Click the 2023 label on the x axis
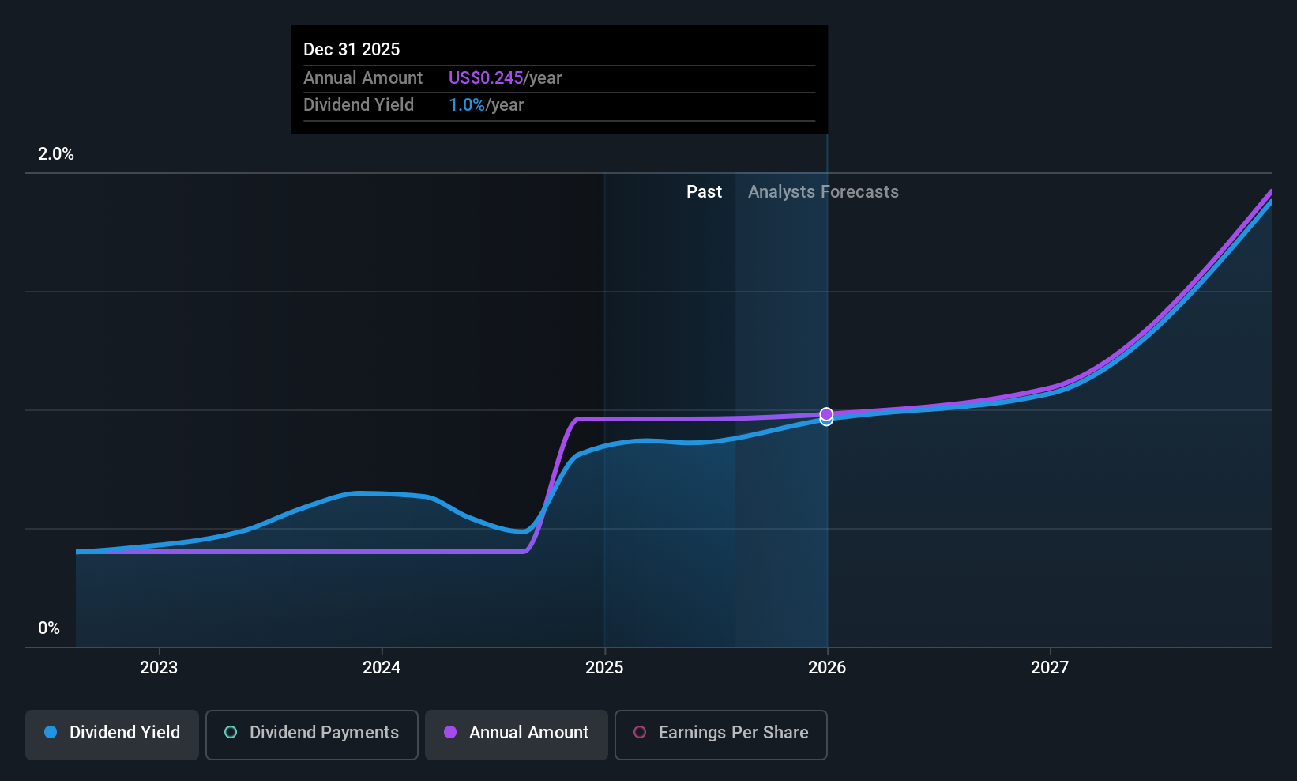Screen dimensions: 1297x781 pyautogui.click(x=159, y=667)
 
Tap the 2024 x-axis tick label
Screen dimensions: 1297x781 pyautogui.click(x=382, y=667)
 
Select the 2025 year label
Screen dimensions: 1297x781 pyautogui.click(x=604, y=667)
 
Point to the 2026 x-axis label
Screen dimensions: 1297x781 pyautogui.click(x=827, y=667)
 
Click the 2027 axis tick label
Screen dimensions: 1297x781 pyautogui.click(x=1050, y=667)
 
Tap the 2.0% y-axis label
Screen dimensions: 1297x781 pyautogui.click(x=56, y=154)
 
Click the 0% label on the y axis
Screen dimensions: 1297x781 pyautogui.click(x=49, y=628)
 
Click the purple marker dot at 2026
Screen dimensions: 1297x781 pyautogui.click(x=826, y=413)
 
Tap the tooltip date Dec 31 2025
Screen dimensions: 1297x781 pyautogui.click(x=352, y=49)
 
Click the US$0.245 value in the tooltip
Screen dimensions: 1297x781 pyautogui.click(x=486, y=77)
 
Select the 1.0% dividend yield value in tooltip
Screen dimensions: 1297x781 pyautogui.click(x=467, y=105)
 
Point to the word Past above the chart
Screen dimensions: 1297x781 pyautogui.click(x=704, y=192)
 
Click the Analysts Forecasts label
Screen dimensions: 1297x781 pyautogui.click(x=823, y=192)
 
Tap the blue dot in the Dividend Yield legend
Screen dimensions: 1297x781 pyautogui.click(x=51, y=732)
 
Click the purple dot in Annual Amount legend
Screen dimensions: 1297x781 pyautogui.click(x=450, y=732)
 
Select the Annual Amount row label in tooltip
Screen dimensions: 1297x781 pyautogui.click(x=363, y=77)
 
